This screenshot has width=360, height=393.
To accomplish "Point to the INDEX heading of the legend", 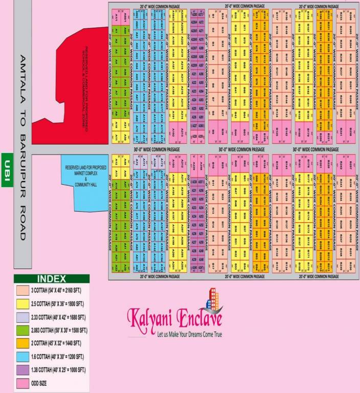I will point(51,279).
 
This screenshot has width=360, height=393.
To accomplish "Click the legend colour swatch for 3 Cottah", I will point(22,290).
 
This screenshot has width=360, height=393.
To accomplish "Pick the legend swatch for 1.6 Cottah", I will point(22,356).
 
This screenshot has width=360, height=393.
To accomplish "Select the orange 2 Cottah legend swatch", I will point(22,343).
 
